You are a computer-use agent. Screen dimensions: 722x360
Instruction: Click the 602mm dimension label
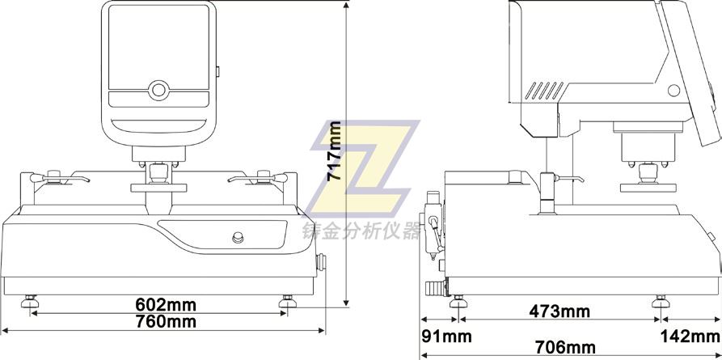[x=166, y=305]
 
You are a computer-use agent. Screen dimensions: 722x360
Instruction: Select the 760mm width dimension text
[x=166, y=321]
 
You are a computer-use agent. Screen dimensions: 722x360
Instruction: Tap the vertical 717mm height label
[x=334, y=150]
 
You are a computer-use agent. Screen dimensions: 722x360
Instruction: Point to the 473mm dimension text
[x=559, y=311]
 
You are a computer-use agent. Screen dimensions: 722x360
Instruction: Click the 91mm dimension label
[x=446, y=337]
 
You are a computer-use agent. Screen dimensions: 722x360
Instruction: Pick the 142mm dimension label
[x=690, y=337]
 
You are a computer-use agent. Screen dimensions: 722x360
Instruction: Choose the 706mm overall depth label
[x=565, y=347]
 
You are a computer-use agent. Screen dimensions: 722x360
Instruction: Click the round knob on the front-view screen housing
[x=158, y=89]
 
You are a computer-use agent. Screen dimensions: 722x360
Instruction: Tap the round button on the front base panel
[x=238, y=237]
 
